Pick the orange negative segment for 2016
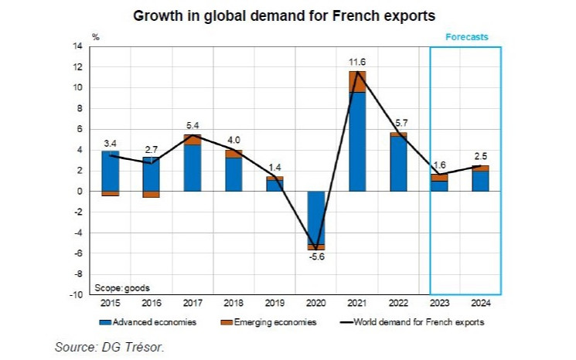coord(152,194)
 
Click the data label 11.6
coord(357,61)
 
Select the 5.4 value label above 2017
coord(193,125)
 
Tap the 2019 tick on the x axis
coord(274,303)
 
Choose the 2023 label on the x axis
coord(439,303)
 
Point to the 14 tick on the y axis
coord(78,46)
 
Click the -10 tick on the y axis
coord(77,294)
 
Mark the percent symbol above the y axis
coord(96,36)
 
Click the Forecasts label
coord(465,36)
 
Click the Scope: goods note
coord(118,287)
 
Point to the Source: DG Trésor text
coord(110,347)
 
